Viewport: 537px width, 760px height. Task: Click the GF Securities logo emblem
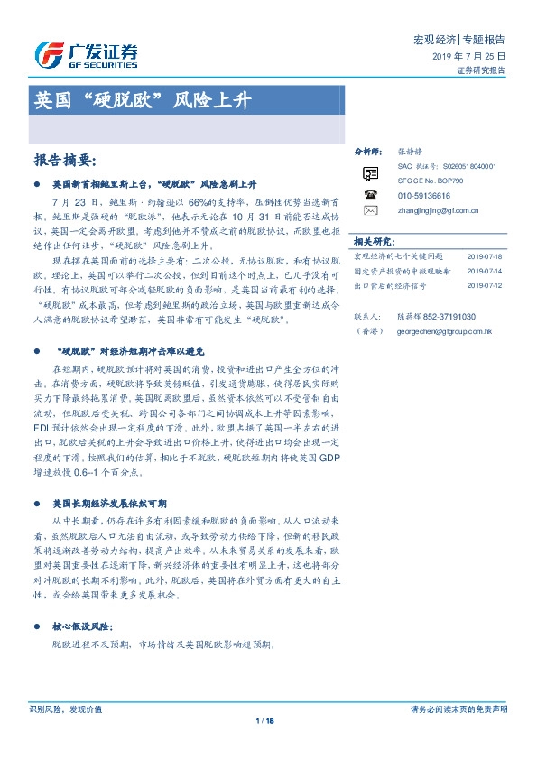point(47,52)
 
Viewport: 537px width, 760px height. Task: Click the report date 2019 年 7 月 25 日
point(473,56)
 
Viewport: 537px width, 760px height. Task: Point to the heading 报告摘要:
point(64,160)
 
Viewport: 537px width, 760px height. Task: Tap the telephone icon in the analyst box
point(370,194)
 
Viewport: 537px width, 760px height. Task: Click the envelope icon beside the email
point(370,210)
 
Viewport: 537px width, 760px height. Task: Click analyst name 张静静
point(409,152)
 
